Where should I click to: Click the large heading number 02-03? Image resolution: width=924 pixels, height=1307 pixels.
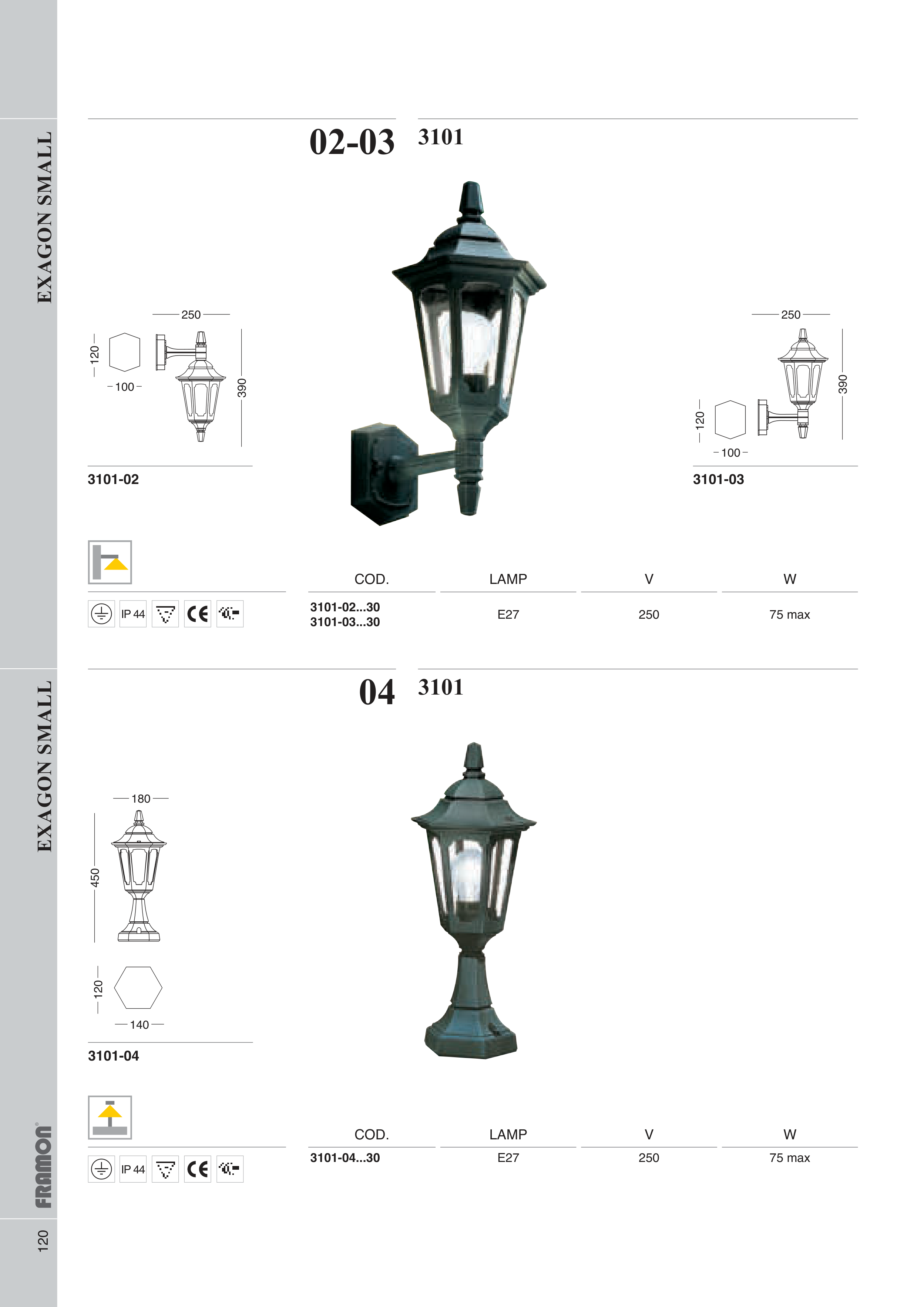coord(352,142)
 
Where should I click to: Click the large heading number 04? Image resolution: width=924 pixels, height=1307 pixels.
coord(377,692)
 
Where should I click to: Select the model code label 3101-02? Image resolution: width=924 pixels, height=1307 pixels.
coord(113,479)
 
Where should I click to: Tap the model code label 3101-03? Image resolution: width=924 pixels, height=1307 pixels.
coord(719,479)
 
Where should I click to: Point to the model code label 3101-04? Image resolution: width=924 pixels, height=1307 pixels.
coord(113,1056)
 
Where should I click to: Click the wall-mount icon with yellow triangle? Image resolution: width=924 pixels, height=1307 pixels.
coord(110,562)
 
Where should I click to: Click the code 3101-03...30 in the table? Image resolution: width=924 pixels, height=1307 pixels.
coord(345,622)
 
